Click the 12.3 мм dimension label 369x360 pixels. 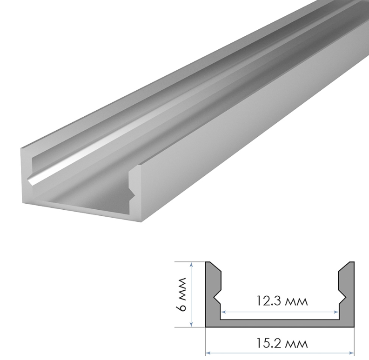coord(282,301)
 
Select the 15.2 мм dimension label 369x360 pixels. coord(282,344)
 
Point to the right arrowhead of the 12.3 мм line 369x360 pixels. coord(336,312)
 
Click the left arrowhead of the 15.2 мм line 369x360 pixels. coord(208,353)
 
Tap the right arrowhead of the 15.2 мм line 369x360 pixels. coord(352,353)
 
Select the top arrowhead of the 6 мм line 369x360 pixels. coord(192,264)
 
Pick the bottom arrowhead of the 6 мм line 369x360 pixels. coord(192,325)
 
